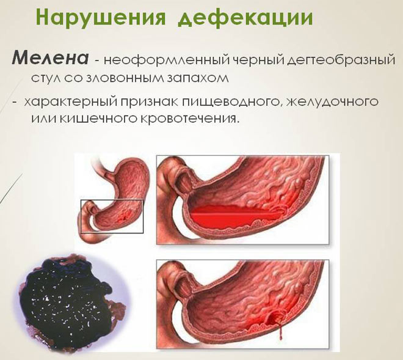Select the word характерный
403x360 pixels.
click(x=76, y=101)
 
